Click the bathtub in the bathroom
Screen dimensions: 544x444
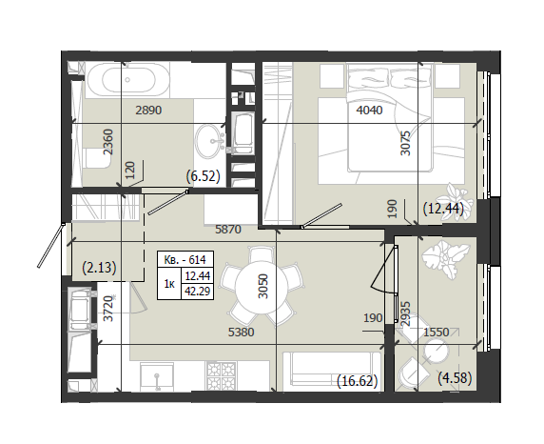pos(128,80)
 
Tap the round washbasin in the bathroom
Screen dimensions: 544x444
pos(209,141)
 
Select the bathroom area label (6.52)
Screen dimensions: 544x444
pos(204,176)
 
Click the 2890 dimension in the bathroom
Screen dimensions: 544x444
pos(148,111)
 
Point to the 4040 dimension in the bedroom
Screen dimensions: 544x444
pos(370,111)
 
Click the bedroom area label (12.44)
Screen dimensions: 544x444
pos(443,209)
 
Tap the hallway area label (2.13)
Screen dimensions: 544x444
pos(99,268)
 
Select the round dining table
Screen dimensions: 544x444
pos(262,286)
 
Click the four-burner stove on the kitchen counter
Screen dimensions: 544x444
pos(222,376)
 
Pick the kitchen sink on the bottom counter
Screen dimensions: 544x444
pos(157,377)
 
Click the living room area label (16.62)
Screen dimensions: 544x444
pos(357,381)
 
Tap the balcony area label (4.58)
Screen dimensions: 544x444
pos(455,377)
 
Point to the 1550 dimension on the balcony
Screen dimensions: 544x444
pos(437,332)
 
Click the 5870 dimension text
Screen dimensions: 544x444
pos(228,229)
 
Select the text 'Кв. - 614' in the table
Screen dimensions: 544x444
pos(185,259)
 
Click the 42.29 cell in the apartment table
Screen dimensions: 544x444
pos(198,291)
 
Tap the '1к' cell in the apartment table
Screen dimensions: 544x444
pos(169,284)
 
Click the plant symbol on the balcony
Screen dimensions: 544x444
pos(445,258)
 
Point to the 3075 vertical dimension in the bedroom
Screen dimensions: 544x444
pos(405,143)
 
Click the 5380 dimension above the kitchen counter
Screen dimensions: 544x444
pos(242,332)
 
